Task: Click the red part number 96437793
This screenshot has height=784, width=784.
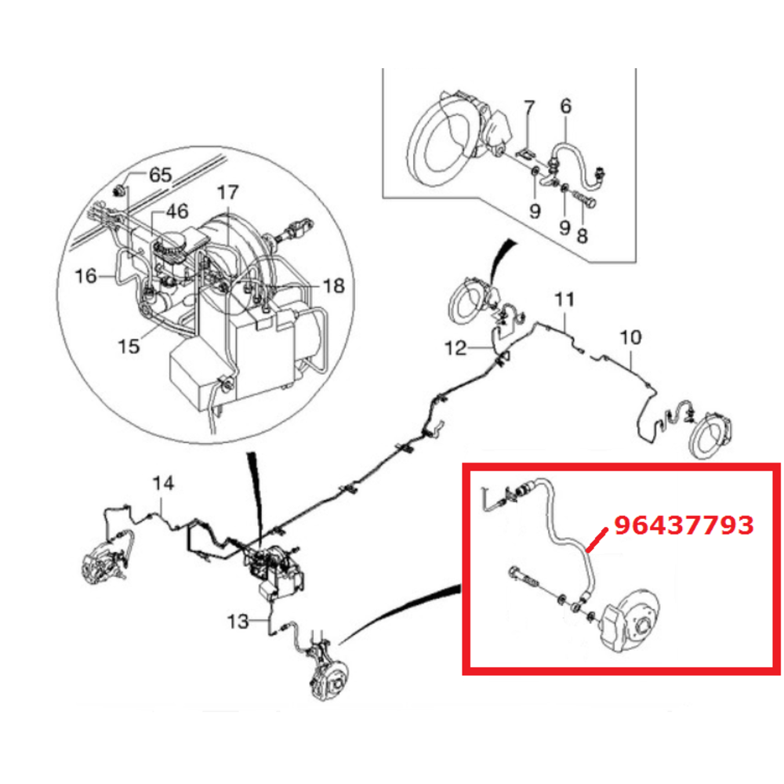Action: pos(684,525)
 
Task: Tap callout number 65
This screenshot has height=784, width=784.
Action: pos(161,175)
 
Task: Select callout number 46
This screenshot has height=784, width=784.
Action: pos(177,211)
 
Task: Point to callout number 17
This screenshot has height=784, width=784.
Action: pos(227,193)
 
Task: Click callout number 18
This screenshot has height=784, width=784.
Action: pos(333,286)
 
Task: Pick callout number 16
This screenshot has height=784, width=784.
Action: pos(85,276)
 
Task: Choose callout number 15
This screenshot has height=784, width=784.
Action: pos(129,346)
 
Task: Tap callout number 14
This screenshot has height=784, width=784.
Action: pos(164,484)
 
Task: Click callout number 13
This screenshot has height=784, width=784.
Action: pos(238,622)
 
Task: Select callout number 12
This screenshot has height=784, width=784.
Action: pos(456,347)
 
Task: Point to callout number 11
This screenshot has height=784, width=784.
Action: pos(564,299)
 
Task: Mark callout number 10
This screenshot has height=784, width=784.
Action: pos(630,337)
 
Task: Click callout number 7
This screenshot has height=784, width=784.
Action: pos(529,107)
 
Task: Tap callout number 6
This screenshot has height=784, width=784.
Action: pos(565,106)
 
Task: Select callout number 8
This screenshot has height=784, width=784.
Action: pos(582,235)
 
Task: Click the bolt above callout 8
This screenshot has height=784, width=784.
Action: pos(586,199)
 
